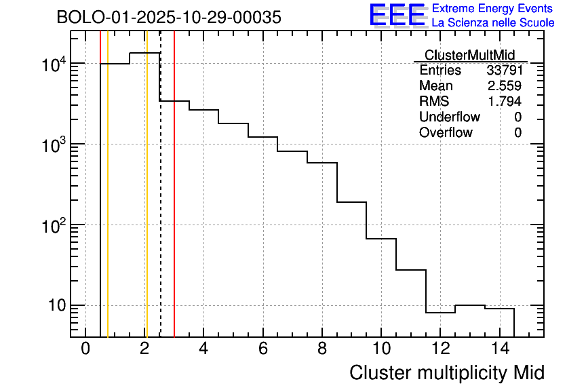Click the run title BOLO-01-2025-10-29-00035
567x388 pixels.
click(x=168, y=18)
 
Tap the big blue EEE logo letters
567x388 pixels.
click(x=397, y=16)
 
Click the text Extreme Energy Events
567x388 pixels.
click(x=492, y=9)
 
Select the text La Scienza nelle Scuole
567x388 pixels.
click(x=492, y=23)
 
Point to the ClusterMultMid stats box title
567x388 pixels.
click(x=469, y=55)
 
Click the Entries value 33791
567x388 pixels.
click(x=504, y=71)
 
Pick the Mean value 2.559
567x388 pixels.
click(x=504, y=86)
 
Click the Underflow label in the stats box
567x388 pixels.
click(x=449, y=117)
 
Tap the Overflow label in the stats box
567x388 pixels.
click(x=446, y=133)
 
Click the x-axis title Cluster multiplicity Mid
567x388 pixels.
click(x=446, y=372)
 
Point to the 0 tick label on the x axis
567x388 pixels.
click(x=85, y=349)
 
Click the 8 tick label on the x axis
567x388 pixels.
click(x=322, y=349)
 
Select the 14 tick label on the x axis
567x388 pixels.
click(x=498, y=349)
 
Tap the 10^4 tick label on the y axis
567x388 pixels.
click(x=54, y=65)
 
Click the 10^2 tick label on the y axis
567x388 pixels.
click(x=54, y=226)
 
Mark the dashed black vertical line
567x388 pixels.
click(x=160, y=203)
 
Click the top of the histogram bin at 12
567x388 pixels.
click(x=440, y=313)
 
